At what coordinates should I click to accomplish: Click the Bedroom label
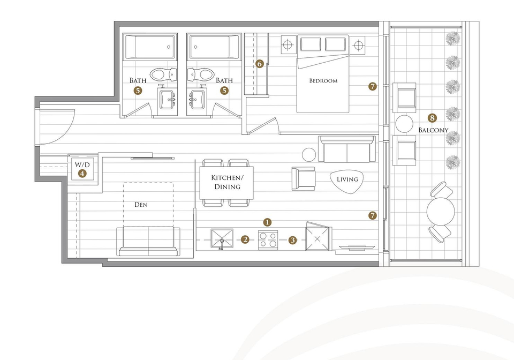[323, 81]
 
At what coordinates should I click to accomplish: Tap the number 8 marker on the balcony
[432, 118]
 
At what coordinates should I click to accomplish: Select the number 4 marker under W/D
[82, 173]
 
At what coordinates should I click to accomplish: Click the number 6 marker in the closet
[260, 64]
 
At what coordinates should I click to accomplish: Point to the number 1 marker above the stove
[268, 222]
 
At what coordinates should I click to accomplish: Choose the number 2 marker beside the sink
[245, 239]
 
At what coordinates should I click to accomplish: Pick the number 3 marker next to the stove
[293, 241]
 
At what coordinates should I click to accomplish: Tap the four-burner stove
[268, 240]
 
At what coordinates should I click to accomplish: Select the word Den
[141, 205]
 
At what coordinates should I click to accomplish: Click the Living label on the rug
[347, 179]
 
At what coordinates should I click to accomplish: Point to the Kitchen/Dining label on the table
[227, 182]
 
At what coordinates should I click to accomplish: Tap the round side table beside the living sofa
[309, 155]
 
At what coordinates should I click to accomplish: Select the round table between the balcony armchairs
[404, 124]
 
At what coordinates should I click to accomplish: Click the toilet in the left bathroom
[164, 75]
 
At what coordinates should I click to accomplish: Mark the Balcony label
[433, 130]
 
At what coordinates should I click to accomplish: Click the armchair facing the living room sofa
[304, 178]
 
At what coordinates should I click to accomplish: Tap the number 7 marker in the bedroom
[373, 87]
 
